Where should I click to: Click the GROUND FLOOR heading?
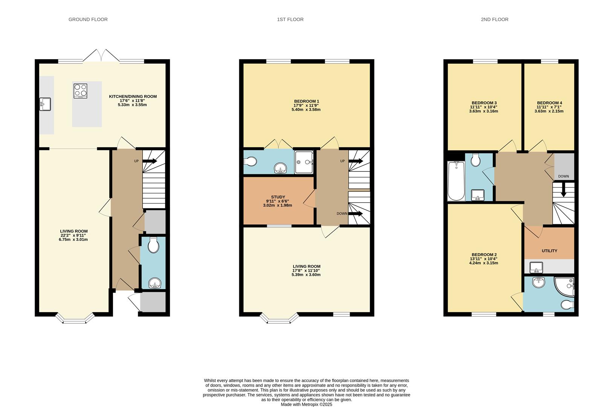pyautogui.click(x=88, y=20)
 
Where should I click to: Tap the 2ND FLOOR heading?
pyautogui.click(x=494, y=20)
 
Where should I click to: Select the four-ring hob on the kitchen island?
pyautogui.click(x=80, y=91)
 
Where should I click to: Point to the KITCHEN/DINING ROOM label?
pyautogui.click(x=133, y=96)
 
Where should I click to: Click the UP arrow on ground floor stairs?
pyautogui.click(x=150, y=161)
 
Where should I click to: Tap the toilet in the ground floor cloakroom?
pyautogui.click(x=153, y=246)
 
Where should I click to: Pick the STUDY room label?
pyautogui.click(x=278, y=197)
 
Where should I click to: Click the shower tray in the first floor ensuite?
pyautogui.click(x=304, y=162)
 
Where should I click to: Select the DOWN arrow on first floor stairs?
pyautogui.click(x=355, y=214)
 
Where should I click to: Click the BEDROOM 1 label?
pyautogui.click(x=306, y=101)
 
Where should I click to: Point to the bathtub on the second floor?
pyautogui.click(x=456, y=181)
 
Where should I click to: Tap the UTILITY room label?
pyautogui.click(x=549, y=251)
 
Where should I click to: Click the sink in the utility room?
pyautogui.click(x=536, y=268)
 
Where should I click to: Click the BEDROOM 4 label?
pyautogui.click(x=549, y=103)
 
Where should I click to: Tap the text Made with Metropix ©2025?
pyautogui.click(x=306, y=404)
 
